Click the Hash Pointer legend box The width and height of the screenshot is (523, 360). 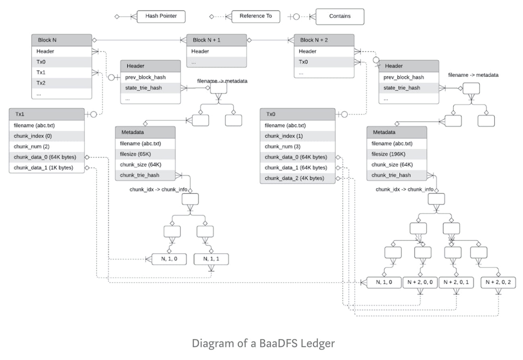pyautogui.click(x=161, y=16)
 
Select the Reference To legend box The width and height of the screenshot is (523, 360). pyautogui.click(x=255, y=16)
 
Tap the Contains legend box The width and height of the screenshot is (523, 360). pyautogui.click(x=340, y=17)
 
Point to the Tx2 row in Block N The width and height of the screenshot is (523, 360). pyautogui.click(x=62, y=83)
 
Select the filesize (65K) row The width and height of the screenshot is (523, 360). pyautogui.click(x=145, y=154)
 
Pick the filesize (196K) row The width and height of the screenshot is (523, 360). pyautogui.click(x=397, y=154)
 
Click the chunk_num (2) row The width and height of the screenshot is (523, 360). pyautogui.click(x=47, y=147)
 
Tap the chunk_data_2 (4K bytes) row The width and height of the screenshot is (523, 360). pyautogui.click(x=297, y=178)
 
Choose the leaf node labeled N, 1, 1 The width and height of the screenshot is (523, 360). pyautogui.click(x=211, y=259)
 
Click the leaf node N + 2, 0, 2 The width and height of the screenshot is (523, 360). pyautogui.click(x=498, y=283)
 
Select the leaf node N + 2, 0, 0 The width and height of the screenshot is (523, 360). pyautogui.click(x=420, y=283)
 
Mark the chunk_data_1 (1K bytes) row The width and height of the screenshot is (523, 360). pyautogui.click(x=47, y=168)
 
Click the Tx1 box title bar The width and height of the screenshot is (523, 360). pyautogui.click(x=47, y=114)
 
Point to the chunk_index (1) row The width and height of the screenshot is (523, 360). pyautogui.click(x=297, y=136)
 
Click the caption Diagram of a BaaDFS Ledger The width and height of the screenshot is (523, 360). pyautogui.click(x=263, y=343)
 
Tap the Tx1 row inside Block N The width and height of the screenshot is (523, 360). pyautogui.click(x=62, y=72)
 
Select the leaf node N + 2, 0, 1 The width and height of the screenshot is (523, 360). pyautogui.click(x=456, y=283)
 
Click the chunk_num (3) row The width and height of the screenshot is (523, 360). pyautogui.click(x=297, y=147)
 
